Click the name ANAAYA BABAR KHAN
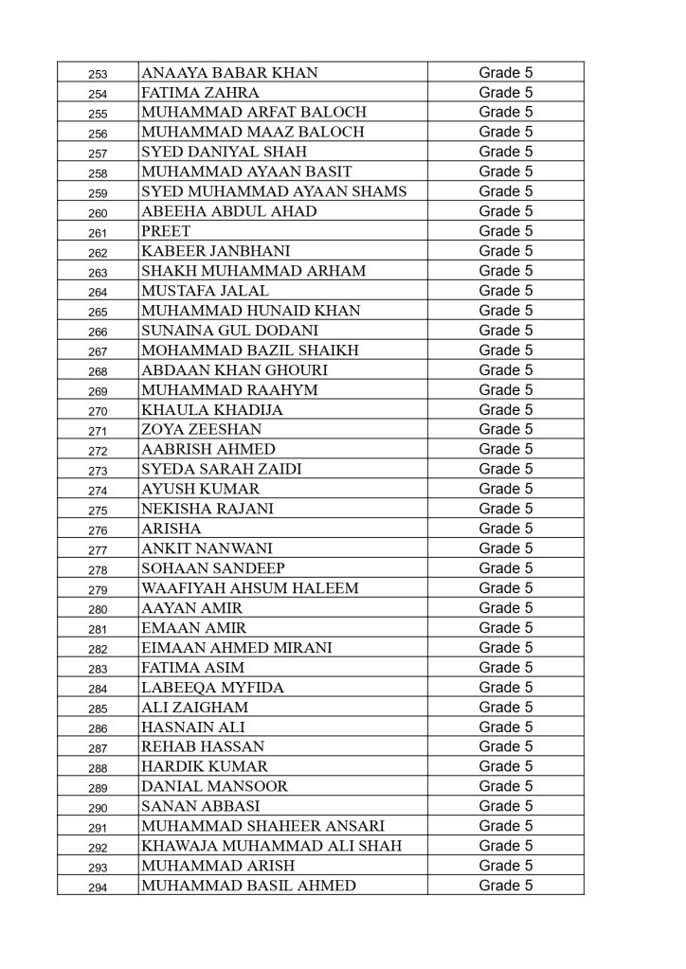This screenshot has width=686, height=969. pos(229,73)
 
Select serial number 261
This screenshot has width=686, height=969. pos(98,233)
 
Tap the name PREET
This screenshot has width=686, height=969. pos(166,231)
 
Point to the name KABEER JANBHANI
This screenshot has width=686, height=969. pos(215,251)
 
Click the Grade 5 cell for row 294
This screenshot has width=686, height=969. pos(505,886)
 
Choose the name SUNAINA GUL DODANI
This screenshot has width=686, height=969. pos(229,331)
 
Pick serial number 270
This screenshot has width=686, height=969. pos(98,411)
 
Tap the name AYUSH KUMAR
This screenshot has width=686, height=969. pos(200,489)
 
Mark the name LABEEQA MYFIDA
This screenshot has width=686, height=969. pos(212,688)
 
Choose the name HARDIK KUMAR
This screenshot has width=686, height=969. pos(204,766)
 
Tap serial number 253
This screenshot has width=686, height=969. pos(98,74)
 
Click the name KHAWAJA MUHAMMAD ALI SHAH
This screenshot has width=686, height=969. pos(271,846)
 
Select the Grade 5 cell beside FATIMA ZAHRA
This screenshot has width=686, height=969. pos(505,93)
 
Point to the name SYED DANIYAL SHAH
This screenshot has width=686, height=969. pos(224,152)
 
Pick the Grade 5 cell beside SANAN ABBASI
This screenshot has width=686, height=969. pos(505,806)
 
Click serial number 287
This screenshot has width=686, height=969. pos(98,748)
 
